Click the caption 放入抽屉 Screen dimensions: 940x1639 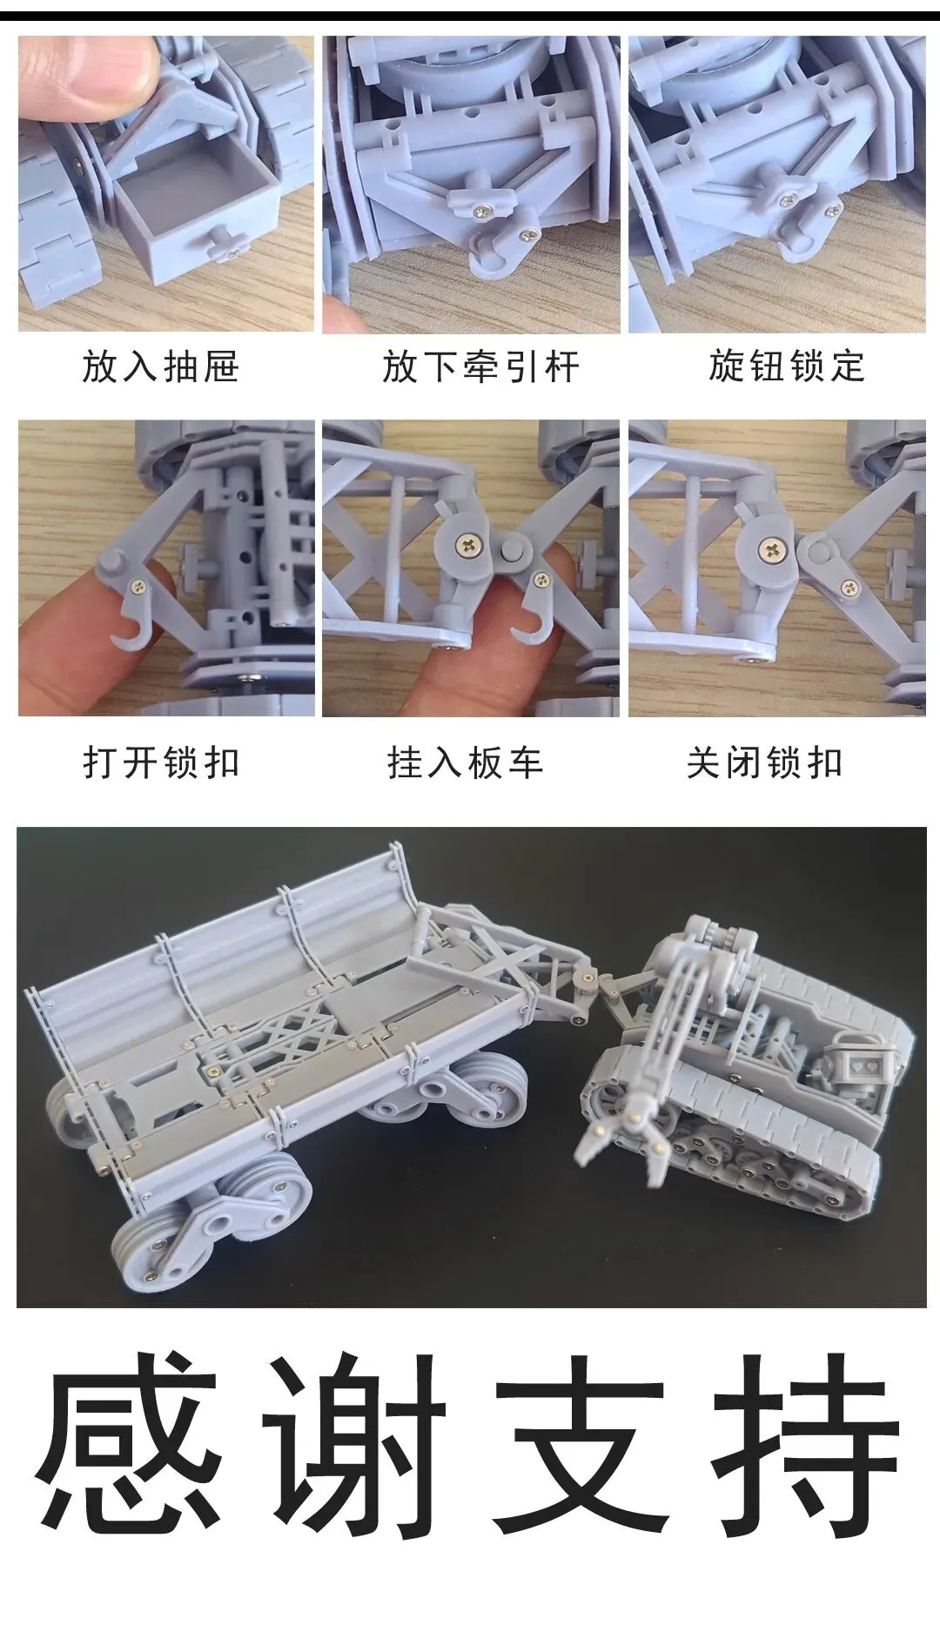160,366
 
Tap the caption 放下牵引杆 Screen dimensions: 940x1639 480,366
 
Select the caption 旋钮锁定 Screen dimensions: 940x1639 787,366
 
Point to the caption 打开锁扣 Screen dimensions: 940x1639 161,763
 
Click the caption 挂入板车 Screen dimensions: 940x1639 466,763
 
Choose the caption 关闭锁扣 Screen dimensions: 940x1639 765,763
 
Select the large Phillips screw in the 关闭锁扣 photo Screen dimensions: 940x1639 771,549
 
